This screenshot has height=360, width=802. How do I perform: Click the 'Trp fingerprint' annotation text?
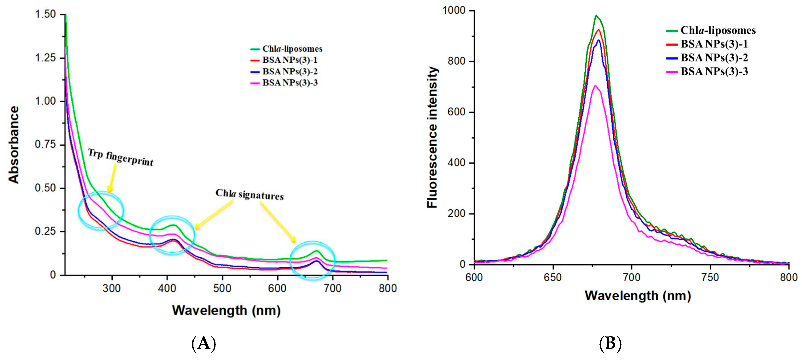tap(121, 157)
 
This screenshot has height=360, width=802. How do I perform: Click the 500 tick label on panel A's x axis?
tap(222, 288)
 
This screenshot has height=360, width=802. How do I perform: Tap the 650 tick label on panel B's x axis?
tap(553, 277)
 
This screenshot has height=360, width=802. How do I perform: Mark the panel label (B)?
tap(610, 343)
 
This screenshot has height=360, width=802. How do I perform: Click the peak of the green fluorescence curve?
tap(596, 16)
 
